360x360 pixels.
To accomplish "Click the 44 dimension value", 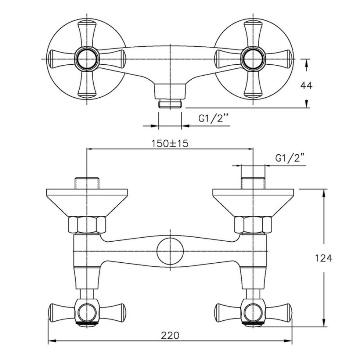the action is click(306, 85).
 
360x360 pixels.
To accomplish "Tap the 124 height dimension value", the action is click(323, 258).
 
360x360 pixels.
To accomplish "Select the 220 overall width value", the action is click(170, 335).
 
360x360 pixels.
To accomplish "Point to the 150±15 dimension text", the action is click(170, 144).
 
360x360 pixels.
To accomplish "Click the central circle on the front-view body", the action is click(171, 251).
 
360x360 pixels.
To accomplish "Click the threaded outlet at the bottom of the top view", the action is click(170, 104).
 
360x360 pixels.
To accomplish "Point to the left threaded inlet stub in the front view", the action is click(87, 183).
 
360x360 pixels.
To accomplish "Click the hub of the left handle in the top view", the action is click(87, 59).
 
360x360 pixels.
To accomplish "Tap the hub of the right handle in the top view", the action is click(253, 59).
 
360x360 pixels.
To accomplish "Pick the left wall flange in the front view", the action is click(87, 202).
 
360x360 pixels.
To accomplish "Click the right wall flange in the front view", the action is click(253, 202).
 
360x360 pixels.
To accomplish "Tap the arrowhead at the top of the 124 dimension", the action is click(324, 193).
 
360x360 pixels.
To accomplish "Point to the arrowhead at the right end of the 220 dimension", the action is click(288, 341).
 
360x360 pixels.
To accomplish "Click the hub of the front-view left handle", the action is click(87, 312).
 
